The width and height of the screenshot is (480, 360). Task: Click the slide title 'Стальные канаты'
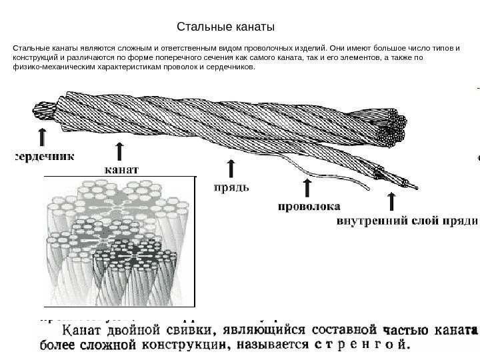point(226,27)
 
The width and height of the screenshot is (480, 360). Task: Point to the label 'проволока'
point(309,206)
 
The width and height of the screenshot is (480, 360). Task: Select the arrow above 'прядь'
point(231,168)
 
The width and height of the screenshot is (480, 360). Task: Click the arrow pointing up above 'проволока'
point(307,187)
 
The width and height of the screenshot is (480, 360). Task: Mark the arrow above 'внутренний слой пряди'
point(392,200)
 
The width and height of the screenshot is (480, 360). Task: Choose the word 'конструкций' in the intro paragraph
point(33,58)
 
